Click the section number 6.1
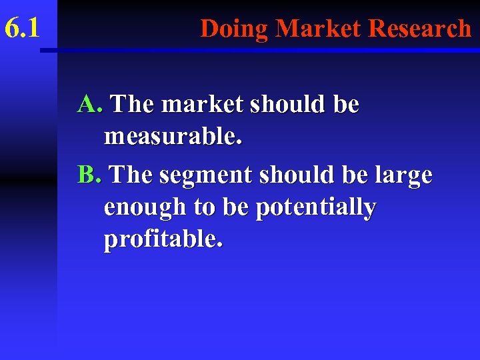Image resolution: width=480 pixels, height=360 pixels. click(x=22, y=28)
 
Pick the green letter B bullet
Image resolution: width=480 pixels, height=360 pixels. click(x=88, y=175)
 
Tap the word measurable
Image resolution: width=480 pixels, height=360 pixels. click(x=173, y=137)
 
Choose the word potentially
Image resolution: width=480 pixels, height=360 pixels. click(x=316, y=208)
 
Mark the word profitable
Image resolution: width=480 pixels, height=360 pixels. click(x=163, y=239)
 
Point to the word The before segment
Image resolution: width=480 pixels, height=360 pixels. click(x=132, y=175)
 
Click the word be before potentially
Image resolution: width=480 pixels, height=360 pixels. click(x=235, y=208)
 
